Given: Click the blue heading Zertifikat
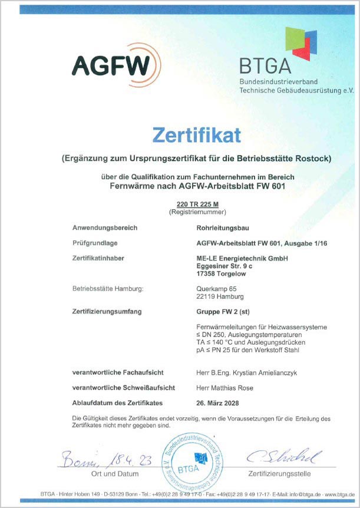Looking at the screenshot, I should point(197,135).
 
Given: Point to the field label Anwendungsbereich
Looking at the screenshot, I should point(104,227).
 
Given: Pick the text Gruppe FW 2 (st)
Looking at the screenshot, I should point(221,311).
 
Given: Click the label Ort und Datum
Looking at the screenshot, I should point(115,473).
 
